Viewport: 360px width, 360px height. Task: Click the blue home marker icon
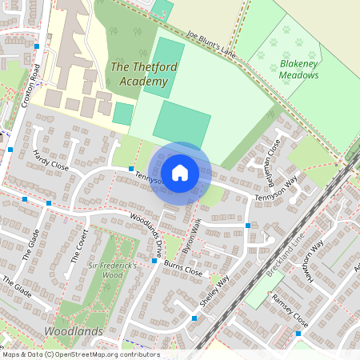[180, 172]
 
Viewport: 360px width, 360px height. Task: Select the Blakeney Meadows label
[298, 69]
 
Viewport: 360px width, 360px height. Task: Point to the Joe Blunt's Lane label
[212, 45]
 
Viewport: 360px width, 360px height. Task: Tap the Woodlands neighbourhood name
[74, 331]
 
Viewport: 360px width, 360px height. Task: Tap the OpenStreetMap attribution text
[80, 354]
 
